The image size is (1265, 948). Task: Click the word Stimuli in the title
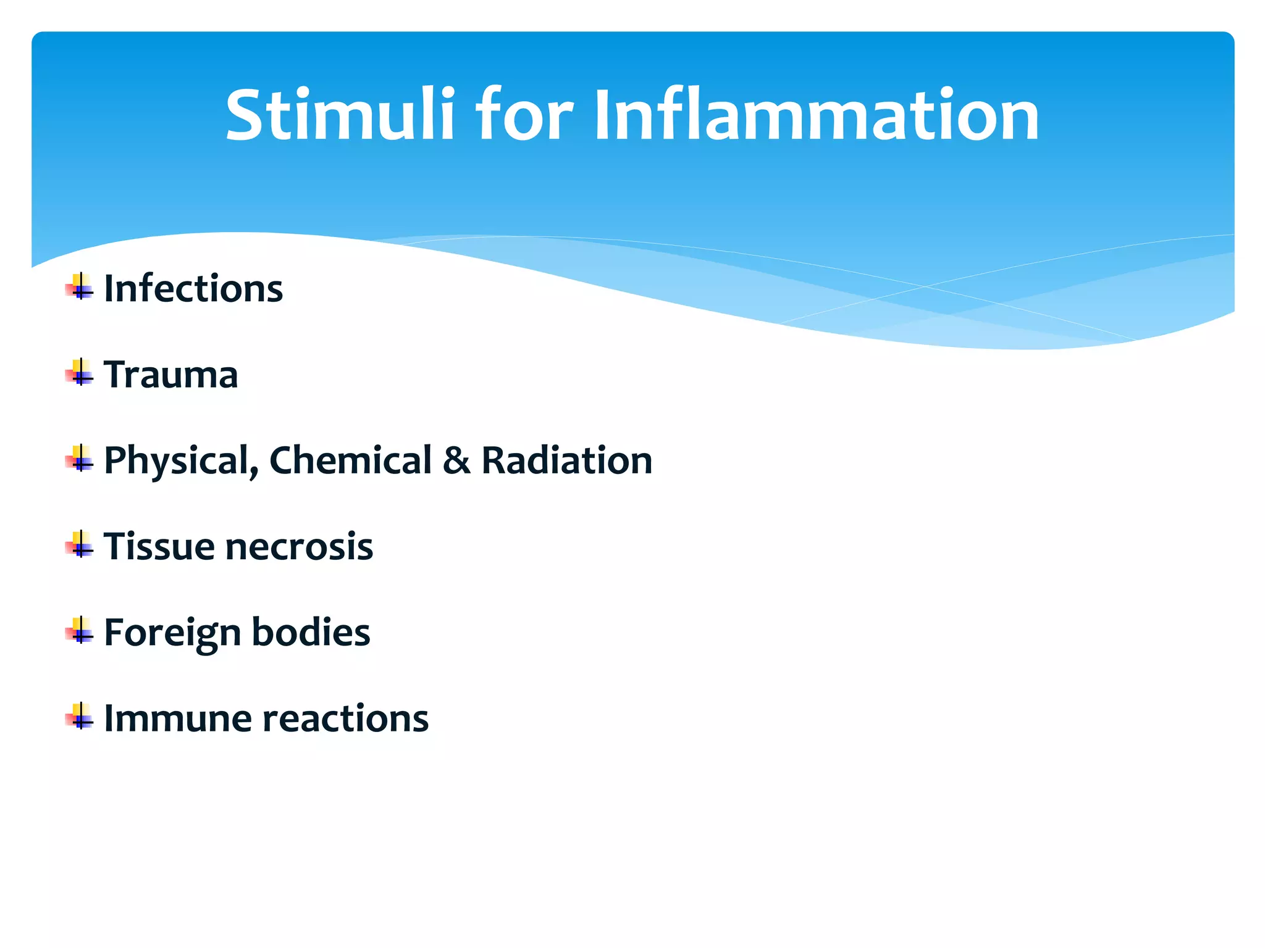click(340, 115)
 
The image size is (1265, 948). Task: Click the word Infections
click(193, 288)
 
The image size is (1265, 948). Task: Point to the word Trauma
click(170, 375)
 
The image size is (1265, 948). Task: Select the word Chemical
click(350, 460)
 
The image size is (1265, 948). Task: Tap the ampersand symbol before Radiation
click(456, 460)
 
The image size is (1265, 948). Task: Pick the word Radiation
click(566, 460)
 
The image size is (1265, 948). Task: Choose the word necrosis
click(299, 547)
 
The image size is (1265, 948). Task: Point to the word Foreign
click(172, 633)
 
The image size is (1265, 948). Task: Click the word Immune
click(179, 718)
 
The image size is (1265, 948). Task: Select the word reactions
click(346, 719)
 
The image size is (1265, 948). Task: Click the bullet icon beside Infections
click(80, 287)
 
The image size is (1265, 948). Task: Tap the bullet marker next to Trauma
click(80, 373)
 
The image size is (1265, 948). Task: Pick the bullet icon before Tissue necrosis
click(80, 545)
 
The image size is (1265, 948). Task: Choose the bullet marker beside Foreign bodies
click(80, 631)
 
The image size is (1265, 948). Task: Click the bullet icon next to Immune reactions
click(80, 717)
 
